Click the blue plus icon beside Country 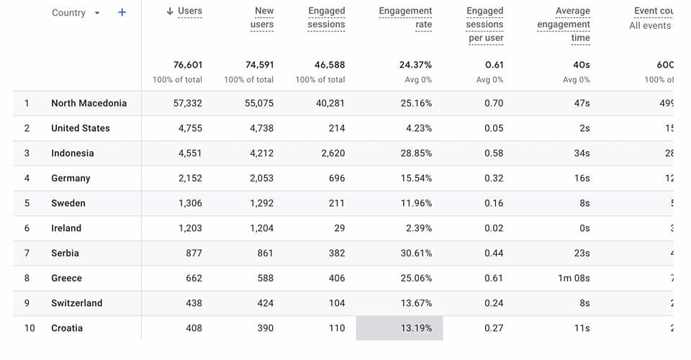click(x=122, y=12)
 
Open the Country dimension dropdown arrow click(x=97, y=13)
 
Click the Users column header click(x=189, y=11)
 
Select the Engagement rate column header click(x=405, y=18)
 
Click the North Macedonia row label click(x=89, y=103)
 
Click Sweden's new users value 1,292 click(x=260, y=203)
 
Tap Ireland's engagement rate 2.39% click(x=418, y=228)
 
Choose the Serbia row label click(x=65, y=253)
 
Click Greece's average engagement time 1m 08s click(x=573, y=278)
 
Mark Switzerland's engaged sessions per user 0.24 click(x=494, y=303)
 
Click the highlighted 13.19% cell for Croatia click(x=400, y=328)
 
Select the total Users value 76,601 click(x=187, y=65)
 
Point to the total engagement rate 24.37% click(x=415, y=65)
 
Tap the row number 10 click(x=30, y=328)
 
